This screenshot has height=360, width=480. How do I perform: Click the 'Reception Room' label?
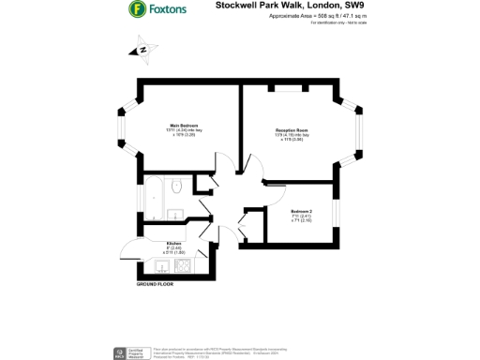(x=292, y=130)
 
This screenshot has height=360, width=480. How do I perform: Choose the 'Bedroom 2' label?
(x=302, y=212)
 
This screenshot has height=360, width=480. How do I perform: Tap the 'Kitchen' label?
(x=173, y=242)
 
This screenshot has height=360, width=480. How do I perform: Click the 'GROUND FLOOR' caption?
(x=156, y=282)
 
